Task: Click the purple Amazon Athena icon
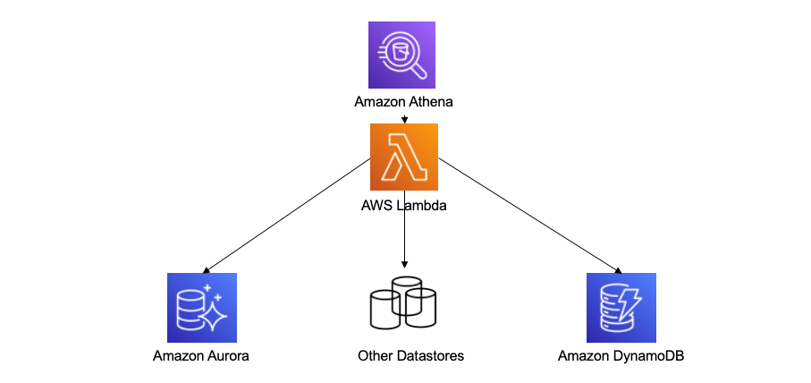(403, 55)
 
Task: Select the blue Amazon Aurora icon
(202, 308)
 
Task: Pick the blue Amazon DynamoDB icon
(621, 308)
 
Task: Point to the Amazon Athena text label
(403, 102)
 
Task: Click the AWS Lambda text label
(403, 205)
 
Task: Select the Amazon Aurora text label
(201, 356)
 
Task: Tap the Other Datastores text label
(410, 356)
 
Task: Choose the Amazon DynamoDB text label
(621, 356)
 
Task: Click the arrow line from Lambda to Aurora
(286, 215)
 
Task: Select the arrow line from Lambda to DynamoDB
(528, 215)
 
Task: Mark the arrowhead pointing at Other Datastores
(405, 266)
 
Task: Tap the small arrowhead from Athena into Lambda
(405, 119)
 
